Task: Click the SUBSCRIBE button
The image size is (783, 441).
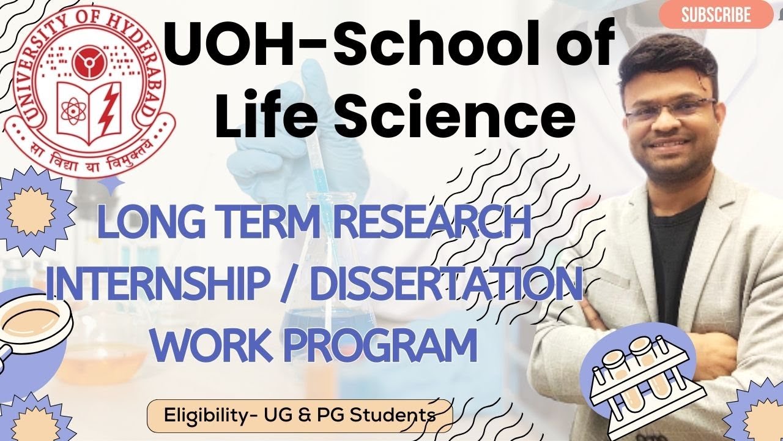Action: pos(716,15)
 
